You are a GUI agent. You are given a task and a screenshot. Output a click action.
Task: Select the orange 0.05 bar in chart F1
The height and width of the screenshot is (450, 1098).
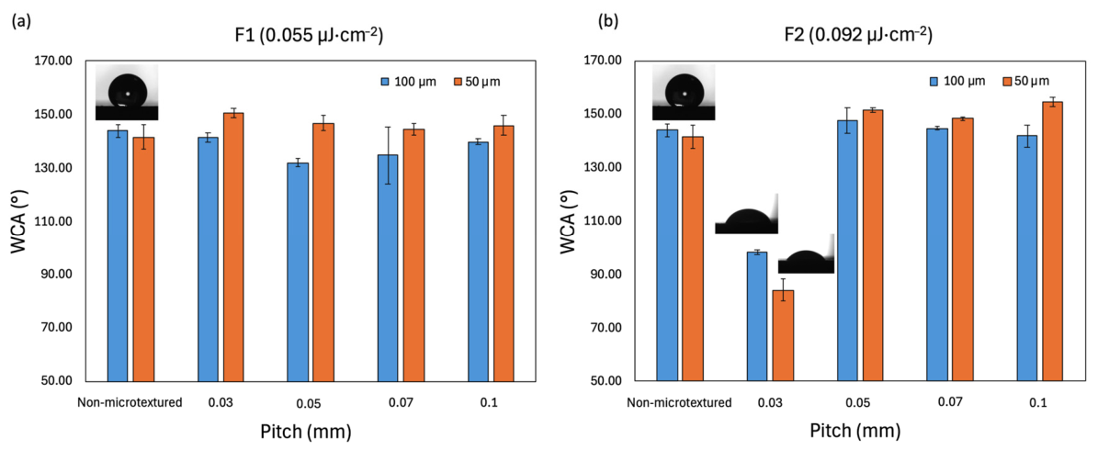(x=323, y=252)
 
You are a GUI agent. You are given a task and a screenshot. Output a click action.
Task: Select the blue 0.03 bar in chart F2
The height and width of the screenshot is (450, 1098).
(x=757, y=316)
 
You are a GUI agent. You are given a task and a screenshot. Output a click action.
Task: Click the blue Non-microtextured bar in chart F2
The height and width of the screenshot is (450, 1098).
(x=667, y=255)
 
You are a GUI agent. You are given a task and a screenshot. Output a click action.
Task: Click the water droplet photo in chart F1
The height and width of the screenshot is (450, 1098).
(x=128, y=93)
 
